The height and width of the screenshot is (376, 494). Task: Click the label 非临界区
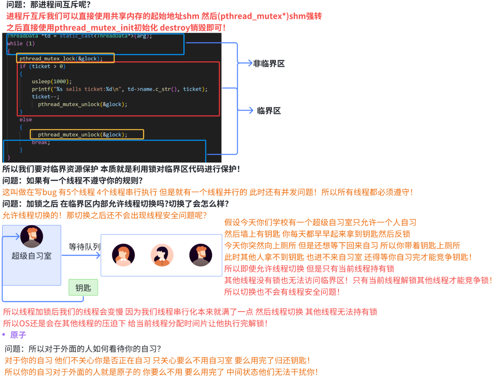[x=269, y=64]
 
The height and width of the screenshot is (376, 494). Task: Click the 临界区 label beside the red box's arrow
[x=269, y=111]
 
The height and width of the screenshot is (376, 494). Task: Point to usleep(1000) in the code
[x=52, y=81]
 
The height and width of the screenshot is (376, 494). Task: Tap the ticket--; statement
[x=45, y=97]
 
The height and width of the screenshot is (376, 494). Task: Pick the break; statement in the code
[x=41, y=142]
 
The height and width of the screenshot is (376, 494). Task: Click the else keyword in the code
[x=26, y=119]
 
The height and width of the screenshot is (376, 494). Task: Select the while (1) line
[x=21, y=44]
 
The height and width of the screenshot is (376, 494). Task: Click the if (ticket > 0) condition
[x=43, y=66]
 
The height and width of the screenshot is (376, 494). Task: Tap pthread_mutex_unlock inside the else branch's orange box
[x=82, y=135]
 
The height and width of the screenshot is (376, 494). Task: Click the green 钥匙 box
[x=83, y=288]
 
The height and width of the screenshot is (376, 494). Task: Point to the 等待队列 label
[x=85, y=247]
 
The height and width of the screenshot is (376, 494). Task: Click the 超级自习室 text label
[x=31, y=256]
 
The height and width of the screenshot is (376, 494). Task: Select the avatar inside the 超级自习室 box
[x=32, y=237]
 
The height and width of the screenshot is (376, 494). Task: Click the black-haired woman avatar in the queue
[x=162, y=255]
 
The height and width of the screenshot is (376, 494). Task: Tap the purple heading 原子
[x=18, y=335]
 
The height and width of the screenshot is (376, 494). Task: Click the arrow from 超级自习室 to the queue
[x=81, y=255]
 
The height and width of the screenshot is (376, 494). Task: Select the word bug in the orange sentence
[x=49, y=192]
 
